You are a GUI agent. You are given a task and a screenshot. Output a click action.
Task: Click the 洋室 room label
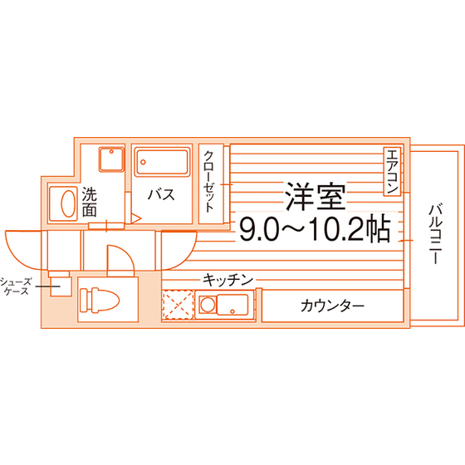[316, 196]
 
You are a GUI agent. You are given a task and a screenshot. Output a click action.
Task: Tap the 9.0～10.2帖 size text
[315, 228]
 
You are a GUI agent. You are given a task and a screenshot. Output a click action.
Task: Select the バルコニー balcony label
[435, 233]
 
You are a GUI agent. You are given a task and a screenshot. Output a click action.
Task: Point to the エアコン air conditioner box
[392, 171]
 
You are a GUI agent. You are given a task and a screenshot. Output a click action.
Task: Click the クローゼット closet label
[209, 182]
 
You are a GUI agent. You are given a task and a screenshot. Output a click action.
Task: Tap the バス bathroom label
[161, 194]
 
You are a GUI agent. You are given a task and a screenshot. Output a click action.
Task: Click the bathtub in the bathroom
[162, 162]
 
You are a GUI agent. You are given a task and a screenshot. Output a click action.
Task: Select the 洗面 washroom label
[90, 202]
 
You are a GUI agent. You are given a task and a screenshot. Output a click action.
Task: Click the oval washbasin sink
[68, 203]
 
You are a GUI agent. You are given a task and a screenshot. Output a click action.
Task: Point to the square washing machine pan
[111, 159]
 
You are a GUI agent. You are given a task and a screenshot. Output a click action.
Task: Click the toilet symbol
[100, 300]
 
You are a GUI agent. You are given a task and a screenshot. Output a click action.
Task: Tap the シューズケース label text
[16, 286]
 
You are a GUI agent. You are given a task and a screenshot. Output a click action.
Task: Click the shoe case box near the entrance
[61, 286]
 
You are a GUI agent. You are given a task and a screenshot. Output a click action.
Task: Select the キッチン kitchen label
[228, 280]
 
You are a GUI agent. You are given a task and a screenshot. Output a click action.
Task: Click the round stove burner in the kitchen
[207, 305]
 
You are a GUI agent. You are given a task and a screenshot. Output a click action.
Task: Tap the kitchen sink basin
[232, 305]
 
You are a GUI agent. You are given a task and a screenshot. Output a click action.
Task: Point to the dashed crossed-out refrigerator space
[178, 305]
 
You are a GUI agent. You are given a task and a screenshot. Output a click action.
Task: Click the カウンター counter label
[332, 306]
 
